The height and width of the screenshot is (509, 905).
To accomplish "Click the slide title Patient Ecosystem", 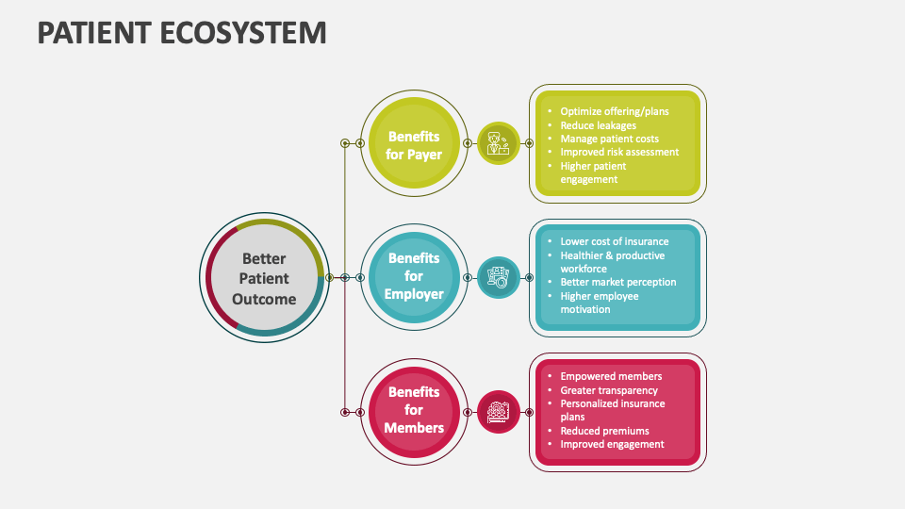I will (x=182, y=33).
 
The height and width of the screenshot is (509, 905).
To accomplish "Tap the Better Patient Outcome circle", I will (x=264, y=278).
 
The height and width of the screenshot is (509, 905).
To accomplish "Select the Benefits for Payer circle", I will (x=414, y=144).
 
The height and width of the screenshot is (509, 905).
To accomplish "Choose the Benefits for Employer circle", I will (x=414, y=276).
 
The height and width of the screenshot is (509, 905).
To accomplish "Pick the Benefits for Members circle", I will (x=414, y=410).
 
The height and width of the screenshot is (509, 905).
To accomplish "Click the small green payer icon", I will (x=498, y=144).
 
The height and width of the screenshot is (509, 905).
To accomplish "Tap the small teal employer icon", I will (x=498, y=277).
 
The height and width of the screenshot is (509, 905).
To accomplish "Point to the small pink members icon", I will (x=498, y=411).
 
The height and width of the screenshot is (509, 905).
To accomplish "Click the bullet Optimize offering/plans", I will (x=614, y=111).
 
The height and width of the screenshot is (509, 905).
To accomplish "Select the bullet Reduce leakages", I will (x=598, y=125).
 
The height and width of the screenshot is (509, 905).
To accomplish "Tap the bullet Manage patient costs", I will (x=609, y=139).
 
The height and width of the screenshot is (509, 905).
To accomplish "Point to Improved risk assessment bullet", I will (x=619, y=152).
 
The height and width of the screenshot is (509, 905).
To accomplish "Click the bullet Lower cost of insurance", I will (x=614, y=241).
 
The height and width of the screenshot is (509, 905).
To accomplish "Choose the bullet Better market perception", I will (x=617, y=282).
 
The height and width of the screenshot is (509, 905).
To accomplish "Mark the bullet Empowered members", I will (x=611, y=376).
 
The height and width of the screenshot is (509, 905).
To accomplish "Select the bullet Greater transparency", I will (x=609, y=390).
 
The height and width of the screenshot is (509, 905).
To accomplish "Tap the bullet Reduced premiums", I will (x=604, y=431).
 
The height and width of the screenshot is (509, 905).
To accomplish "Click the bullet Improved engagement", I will (x=612, y=444).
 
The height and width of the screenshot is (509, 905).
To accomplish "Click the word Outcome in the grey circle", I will (x=264, y=299).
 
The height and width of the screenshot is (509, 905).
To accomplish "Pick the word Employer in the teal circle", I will (x=414, y=294).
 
